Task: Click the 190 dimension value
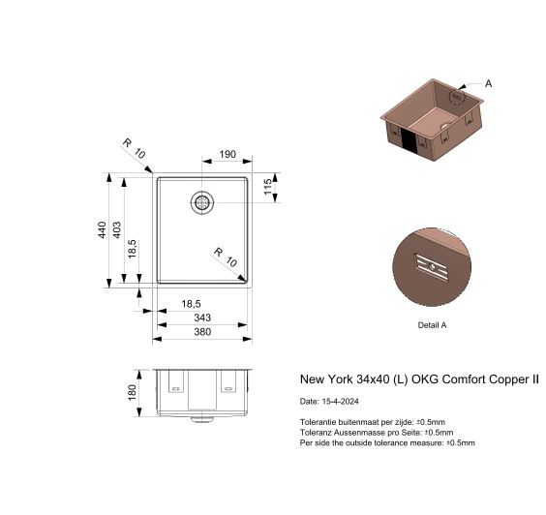click(227, 154)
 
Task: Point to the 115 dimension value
click(267, 187)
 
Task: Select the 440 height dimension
click(102, 229)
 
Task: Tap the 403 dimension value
click(116, 229)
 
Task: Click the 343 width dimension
click(202, 318)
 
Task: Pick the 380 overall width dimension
click(202, 332)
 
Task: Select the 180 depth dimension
click(132, 393)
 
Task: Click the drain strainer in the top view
click(202, 202)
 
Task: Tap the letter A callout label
click(488, 83)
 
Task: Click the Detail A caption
click(432, 325)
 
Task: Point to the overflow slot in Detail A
click(431, 267)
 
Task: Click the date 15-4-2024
click(340, 401)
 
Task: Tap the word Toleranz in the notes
click(316, 433)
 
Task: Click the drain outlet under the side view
click(202, 418)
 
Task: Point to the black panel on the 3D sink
click(409, 140)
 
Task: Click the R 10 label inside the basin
click(226, 257)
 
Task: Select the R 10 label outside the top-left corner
click(134, 148)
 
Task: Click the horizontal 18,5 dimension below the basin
click(191, 304)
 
